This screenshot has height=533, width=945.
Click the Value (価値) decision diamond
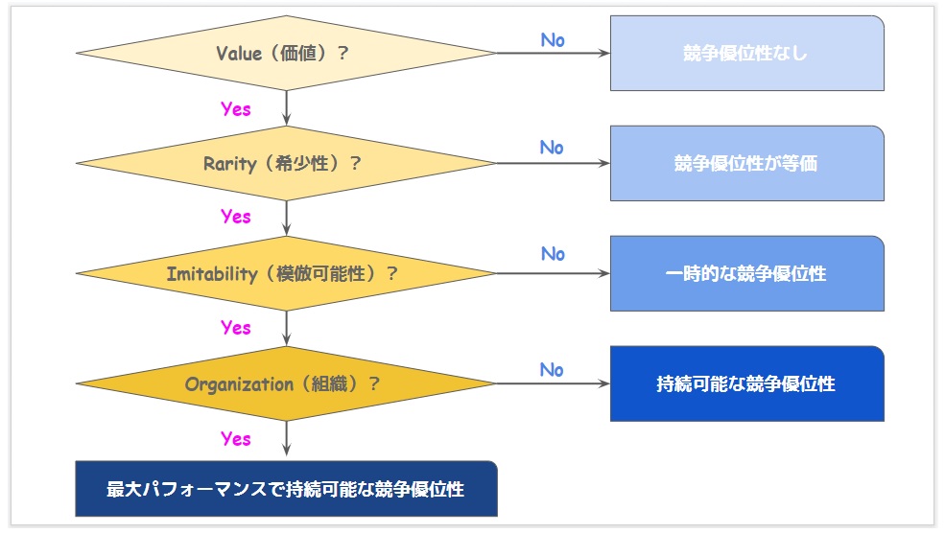coord(286,53)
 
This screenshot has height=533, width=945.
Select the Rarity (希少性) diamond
coord(286,163)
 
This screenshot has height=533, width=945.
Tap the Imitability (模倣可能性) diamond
coord(286,273)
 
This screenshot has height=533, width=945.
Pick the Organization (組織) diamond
coord(286,383)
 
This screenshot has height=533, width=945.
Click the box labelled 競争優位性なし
coord(747,53)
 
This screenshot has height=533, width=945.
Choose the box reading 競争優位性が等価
coord(747,163)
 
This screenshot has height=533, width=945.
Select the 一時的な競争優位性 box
coord(747,273)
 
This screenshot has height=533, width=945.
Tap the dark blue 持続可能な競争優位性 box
coord(747,383)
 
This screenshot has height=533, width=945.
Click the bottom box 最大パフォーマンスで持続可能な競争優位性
coord(286,489)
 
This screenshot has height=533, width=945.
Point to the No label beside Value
coord(553,40)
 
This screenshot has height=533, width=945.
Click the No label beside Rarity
coord(552,148)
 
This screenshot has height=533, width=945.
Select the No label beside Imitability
coord(553,254)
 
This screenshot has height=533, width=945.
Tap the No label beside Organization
coord(552,370)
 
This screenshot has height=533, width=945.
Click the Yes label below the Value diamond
coord(236,109)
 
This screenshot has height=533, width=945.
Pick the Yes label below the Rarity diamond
coord(236,217)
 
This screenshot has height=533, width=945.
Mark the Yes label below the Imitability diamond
coord(236,328)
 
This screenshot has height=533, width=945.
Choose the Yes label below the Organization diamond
coord(236,439)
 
